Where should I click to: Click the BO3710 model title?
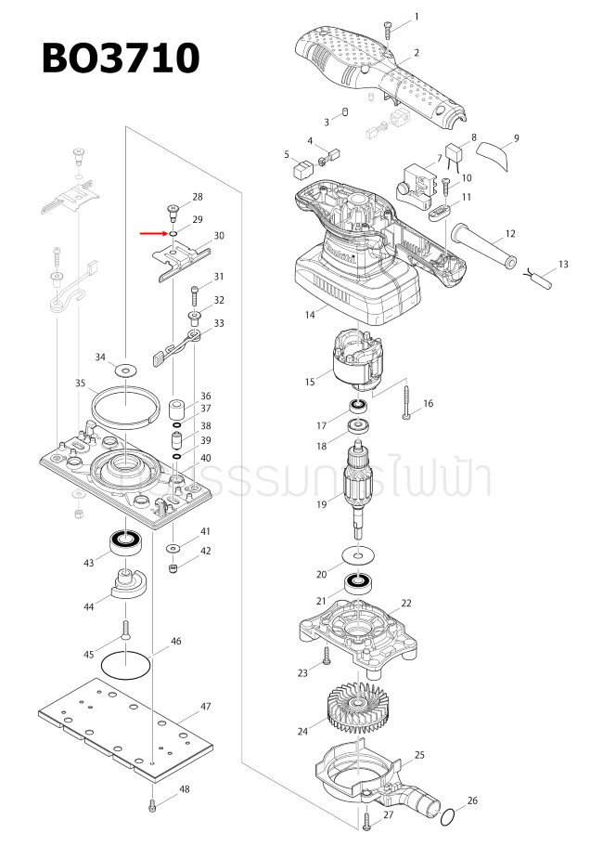[x=120, y=59]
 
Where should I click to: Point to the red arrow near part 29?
[x=153, y=234]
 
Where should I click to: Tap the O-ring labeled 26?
[x=447, y=816]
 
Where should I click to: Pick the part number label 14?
[x=309, y=315]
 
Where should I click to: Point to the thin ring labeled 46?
[x=124, y=664]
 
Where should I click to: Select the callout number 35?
[x=80, y=383]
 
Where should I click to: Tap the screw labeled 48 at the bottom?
[x=151, y=805]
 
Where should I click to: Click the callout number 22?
[x=405, y=604]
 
